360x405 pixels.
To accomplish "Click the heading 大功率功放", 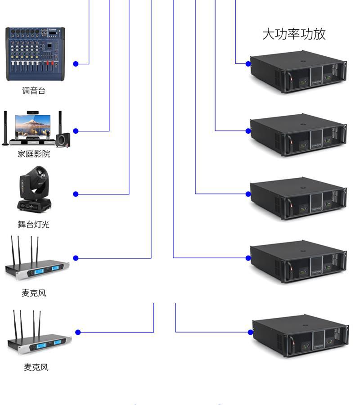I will coord(294,34).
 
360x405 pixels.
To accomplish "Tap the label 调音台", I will coord(34,91).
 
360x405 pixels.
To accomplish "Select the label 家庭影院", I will coord(34,154).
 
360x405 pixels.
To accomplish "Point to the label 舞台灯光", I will coord(33,224).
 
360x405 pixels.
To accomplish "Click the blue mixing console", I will coord(35,54).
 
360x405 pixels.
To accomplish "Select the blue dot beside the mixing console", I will coord(76,64).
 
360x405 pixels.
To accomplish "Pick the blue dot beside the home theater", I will coord(76,131).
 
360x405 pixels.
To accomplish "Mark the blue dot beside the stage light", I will coord(76,194).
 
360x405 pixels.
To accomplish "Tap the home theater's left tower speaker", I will coord(5,128).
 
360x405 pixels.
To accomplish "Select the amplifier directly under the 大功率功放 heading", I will coord(298,73).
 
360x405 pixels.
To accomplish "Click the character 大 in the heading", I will coord(269,34).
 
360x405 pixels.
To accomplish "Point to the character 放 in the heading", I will coord(319,34).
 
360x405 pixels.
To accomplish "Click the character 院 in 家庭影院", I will coord(46,154).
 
